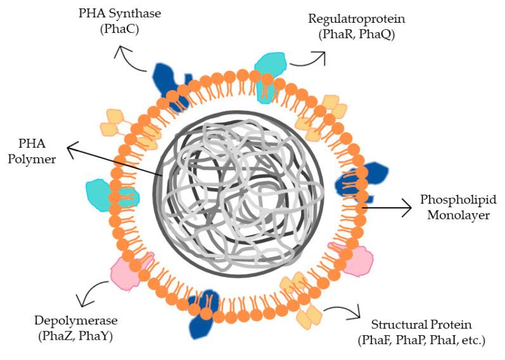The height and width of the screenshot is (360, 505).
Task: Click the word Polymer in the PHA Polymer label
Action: click(36, 159)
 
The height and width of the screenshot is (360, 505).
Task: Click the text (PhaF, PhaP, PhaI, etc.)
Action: click(421, 341)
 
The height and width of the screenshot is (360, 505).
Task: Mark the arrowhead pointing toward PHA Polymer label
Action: click(71, 149)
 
